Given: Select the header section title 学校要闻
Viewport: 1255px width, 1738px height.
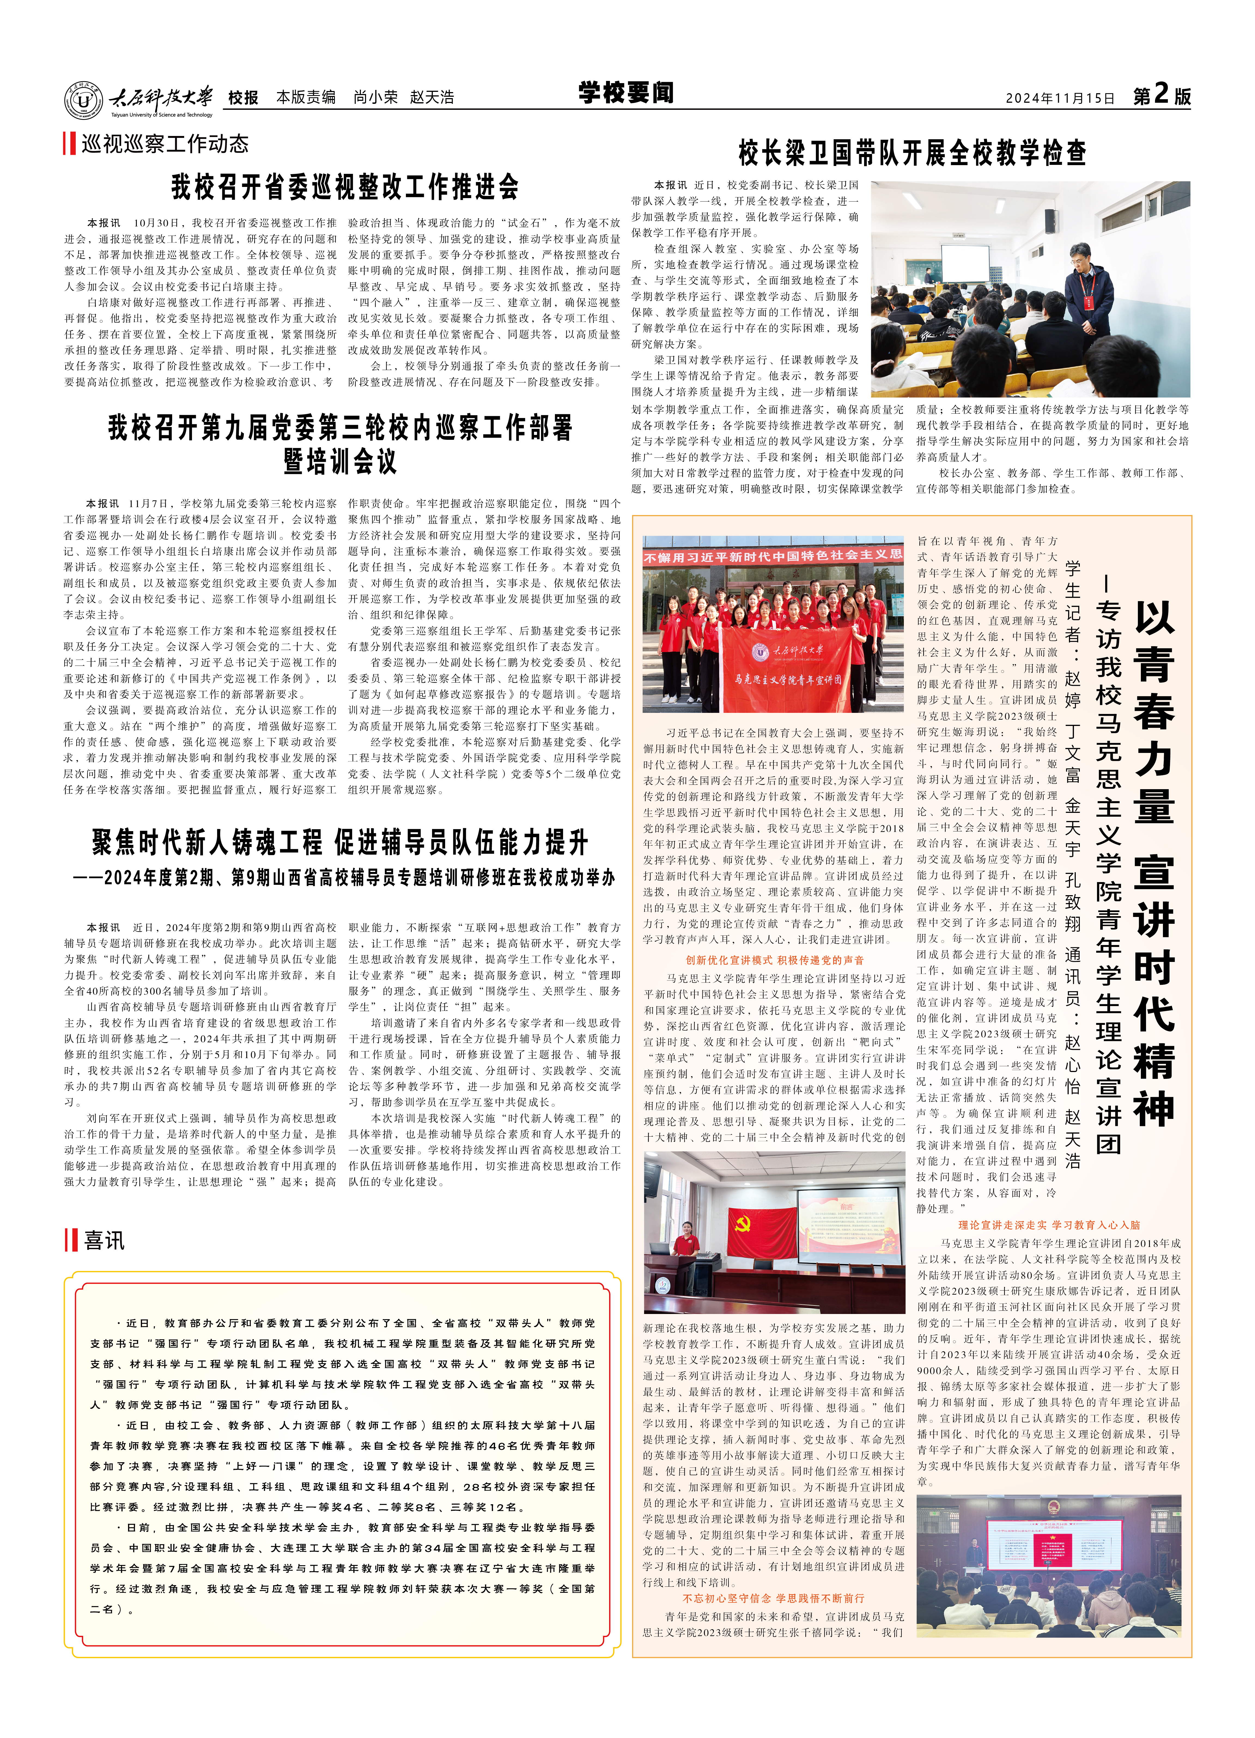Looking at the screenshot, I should tap(626, 93).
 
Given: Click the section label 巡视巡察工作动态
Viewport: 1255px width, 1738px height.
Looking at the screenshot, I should tap(165, 144).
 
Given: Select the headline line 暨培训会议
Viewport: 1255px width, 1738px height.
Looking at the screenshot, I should tap(339, 461).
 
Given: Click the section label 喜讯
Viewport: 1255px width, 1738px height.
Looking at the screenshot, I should tap(104, 1241).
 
